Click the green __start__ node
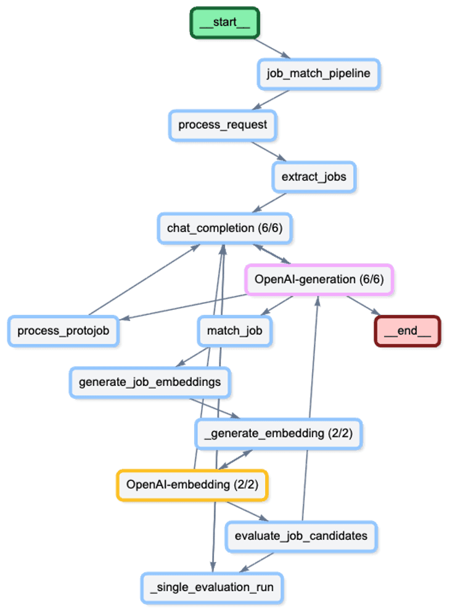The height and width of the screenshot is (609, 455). pos(224,23)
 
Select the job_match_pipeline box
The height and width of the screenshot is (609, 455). pos(318,74)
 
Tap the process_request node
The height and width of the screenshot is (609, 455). pos(223,125)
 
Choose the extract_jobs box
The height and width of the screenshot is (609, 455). pos(314,178)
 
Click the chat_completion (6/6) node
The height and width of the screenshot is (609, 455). pos(224,229)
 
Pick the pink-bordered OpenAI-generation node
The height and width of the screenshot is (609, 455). pos(319,280)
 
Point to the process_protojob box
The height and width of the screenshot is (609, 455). pos(63,331)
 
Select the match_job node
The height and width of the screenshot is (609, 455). pos(234,331)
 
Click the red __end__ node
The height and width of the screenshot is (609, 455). pos(408,331)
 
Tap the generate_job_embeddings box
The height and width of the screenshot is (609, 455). pos(150,382)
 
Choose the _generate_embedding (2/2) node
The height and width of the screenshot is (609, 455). pos(279,434)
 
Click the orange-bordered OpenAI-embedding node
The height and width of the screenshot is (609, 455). pos(192,484)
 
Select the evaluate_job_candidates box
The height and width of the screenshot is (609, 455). pos(301,536)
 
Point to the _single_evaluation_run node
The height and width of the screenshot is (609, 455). pos(211,587)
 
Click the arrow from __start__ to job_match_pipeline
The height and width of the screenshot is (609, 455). pos(271,48)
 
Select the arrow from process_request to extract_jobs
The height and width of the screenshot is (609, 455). pos(268,152)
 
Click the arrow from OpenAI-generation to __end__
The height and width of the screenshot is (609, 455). pos(363,306)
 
